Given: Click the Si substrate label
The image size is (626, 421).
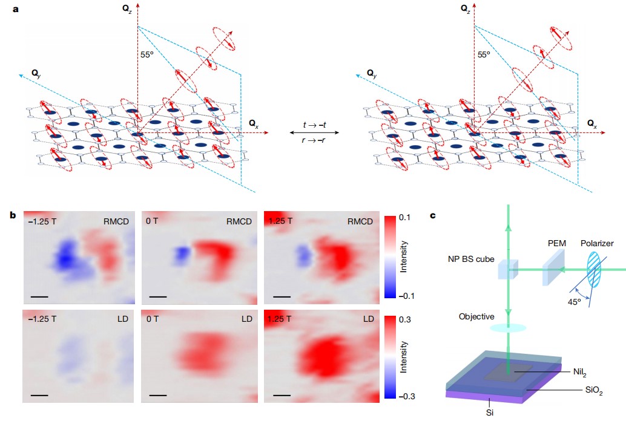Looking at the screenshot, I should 490,413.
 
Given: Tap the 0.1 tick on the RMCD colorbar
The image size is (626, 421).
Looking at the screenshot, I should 405,217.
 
